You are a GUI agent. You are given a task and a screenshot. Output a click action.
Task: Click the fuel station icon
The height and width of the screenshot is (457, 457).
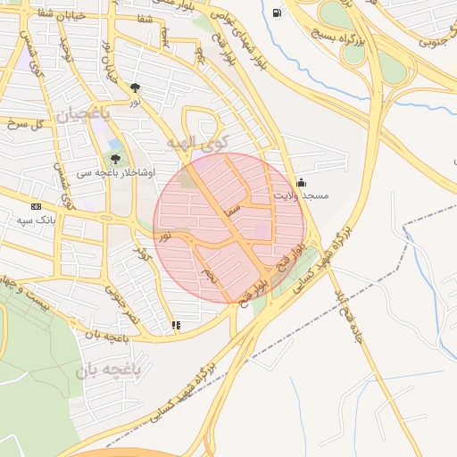pyautogui.click(x=278, y=12)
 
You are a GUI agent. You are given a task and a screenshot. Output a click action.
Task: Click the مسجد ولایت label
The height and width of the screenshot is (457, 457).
pyautogui.click(x=302, y=195)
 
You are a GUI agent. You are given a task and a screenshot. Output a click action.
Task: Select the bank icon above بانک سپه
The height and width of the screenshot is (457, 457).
pyautogui.click(x=35, y=206)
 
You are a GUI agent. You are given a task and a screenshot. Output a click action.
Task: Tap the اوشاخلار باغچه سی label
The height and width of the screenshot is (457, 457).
pyautogui.click(x=115, y=171)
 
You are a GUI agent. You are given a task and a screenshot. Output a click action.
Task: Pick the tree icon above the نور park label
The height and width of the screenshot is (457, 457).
pyautogui.click(x=135, y=87)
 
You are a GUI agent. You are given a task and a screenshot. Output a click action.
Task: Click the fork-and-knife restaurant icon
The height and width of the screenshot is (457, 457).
pyautogui.click(x=176, y=325)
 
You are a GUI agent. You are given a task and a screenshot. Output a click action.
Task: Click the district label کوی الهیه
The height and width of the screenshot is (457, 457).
pyautogui.click(x=198, y=142)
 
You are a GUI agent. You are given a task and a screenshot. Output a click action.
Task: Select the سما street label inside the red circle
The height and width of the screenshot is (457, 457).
pyautogui.click(x=234, y=208)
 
